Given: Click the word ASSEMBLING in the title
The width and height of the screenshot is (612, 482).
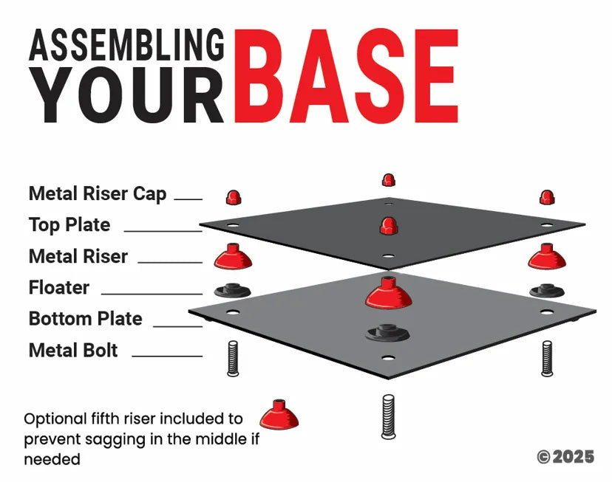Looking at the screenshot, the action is [126, 45].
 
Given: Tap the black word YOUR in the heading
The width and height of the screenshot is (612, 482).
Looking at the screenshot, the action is [128, 95].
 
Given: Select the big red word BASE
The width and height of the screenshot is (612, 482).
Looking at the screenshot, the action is [346, 76].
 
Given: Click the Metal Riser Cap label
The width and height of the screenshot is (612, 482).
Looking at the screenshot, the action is [98, 193].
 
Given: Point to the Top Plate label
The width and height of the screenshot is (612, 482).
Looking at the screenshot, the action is [69, 225].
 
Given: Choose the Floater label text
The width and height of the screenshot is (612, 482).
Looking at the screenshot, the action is [59, 288].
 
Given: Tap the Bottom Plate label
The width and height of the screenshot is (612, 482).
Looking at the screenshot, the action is [86, 319].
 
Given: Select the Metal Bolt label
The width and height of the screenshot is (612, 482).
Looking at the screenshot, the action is [73, 350].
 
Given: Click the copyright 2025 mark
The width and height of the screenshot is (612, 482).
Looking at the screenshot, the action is [565, 457].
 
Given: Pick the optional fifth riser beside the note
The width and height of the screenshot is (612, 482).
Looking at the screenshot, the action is [279, 415].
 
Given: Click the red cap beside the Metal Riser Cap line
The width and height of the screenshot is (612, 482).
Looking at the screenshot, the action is [234, 197].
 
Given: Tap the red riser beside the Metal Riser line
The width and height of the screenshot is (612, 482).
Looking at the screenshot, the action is [233, 256].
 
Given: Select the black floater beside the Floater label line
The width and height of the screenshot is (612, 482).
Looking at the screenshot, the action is [233, 290].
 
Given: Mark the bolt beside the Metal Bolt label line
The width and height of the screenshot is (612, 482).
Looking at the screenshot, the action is [233, 359].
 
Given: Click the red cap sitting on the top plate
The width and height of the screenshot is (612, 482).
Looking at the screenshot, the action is [388, 226].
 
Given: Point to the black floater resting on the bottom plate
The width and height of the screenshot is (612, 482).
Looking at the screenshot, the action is [387, 333].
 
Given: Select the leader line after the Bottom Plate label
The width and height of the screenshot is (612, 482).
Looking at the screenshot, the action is [178, 326].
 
